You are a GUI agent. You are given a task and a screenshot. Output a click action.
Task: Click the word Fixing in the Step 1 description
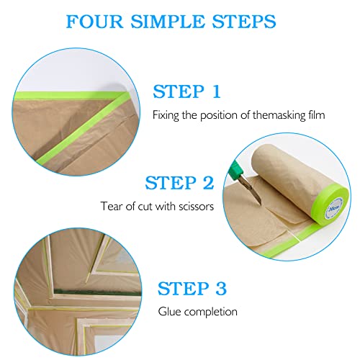coord(164,114)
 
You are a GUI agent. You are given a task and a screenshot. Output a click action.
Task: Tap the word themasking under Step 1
coord(276,114)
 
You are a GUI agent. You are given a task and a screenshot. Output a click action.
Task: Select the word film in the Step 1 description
coord(315,114)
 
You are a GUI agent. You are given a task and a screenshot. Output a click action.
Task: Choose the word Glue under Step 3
coord(169,312)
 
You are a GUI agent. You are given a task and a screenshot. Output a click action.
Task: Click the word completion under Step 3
coord(211,312)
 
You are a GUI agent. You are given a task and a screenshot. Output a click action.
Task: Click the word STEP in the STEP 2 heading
coord(170,183)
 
